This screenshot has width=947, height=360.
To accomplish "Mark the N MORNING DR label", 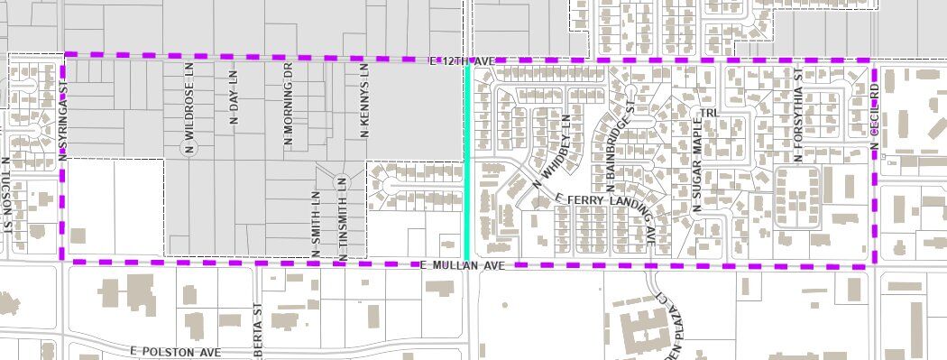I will click(289, 105).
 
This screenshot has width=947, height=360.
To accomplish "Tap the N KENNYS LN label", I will click(364, 100).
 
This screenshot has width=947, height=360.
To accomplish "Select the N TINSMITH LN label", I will click(342, 220).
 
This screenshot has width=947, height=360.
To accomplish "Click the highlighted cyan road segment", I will click(466, 162).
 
